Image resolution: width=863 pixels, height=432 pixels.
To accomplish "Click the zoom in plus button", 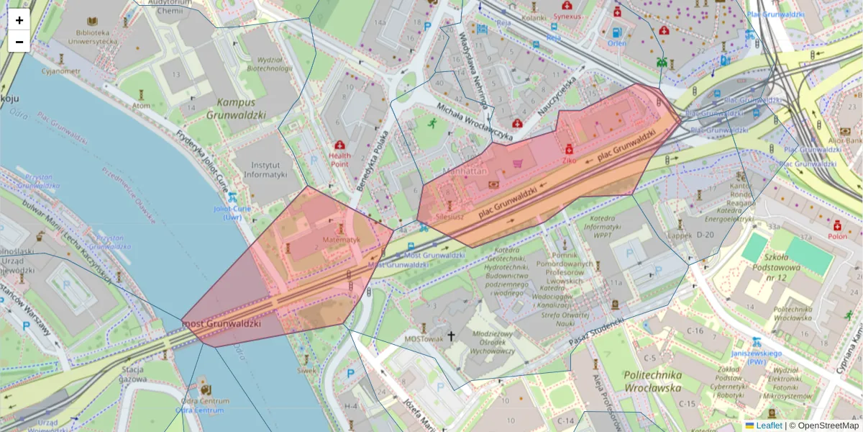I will coord(19,20).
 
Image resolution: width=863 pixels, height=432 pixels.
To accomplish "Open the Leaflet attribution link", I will coord(768,426).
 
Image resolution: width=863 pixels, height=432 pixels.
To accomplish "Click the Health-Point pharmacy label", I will coord(339,159).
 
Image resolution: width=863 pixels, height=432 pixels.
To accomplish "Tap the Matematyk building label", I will coord(341,239).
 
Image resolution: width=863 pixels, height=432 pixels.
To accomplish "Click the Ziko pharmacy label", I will coord(570,161).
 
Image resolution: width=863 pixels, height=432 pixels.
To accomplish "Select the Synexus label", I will coord(567,16).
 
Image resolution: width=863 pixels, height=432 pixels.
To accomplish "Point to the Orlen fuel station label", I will coord(616,43).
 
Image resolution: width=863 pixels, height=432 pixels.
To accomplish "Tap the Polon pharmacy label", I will coord(837,235).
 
